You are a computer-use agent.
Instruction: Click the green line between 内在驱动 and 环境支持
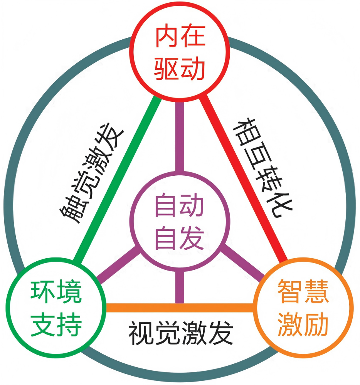coord(117,179)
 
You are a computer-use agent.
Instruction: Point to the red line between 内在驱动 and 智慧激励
coord(243,178)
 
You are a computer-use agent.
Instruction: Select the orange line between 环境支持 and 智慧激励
coord(180,308)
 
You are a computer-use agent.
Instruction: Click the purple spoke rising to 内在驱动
coord(180,136)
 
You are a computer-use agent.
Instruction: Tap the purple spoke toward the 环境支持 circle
coord(118,264)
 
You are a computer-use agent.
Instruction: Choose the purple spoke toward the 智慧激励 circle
coord(242,263)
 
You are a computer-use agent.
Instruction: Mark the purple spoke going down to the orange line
coord(180,287)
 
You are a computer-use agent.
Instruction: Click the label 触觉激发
coord(91,173)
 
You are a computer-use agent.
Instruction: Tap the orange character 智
coord(290,291)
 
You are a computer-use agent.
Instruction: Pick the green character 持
coord(69,324)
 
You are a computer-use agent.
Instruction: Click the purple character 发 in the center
coord(192,238)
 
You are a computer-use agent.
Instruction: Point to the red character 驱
coord(166,69)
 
